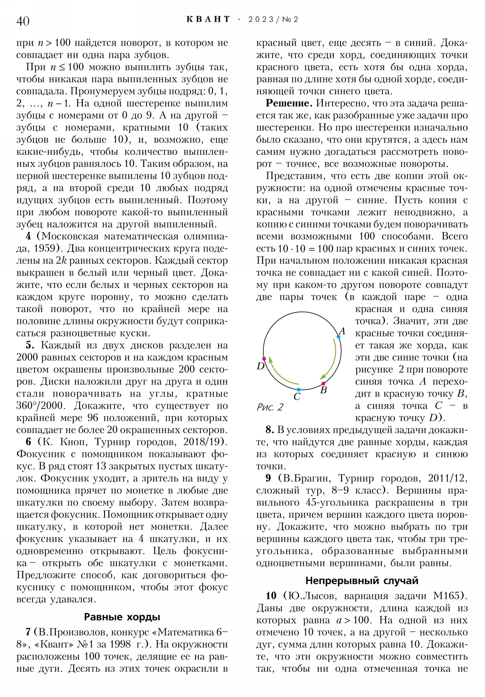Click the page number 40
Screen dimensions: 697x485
[23, 21]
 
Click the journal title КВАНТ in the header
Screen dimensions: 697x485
[208, 19]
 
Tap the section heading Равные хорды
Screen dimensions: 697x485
[122, 617]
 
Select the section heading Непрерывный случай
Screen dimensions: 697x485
[362, 580]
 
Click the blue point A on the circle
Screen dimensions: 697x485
[338, 337]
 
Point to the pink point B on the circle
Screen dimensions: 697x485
[323, 383]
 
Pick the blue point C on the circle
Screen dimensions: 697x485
[299, 389]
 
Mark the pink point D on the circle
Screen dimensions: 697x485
[264, 359]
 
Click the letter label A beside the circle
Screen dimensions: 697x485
[342, 331]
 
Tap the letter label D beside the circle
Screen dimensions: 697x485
[261, 366]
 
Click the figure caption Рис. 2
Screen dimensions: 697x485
[270, 407]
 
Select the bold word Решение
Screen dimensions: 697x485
[289, 103]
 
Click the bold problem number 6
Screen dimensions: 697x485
[28, 442]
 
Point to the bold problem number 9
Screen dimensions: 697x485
[268, 478]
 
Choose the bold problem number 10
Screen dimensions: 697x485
[271, 595]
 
